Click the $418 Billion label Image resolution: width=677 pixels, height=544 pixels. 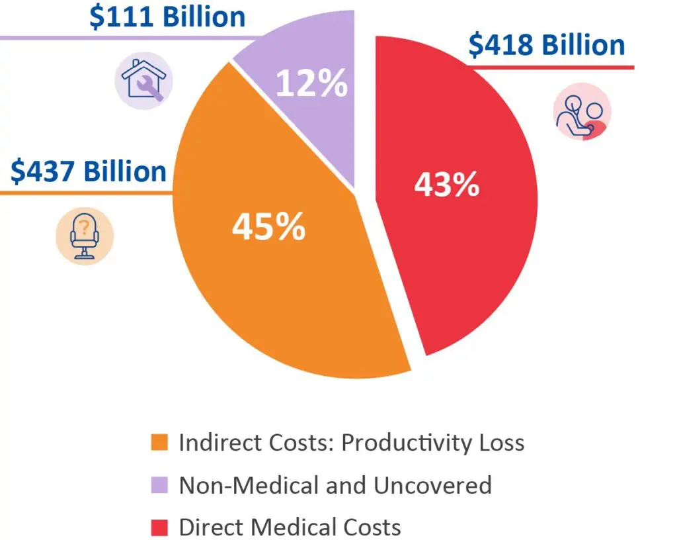[547, 45]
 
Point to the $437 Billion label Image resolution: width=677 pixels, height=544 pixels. [88, 171]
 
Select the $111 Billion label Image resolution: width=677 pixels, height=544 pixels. [167, 17]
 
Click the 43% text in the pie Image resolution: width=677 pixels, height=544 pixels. [447, 185]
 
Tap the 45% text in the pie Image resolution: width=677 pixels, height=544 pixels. [268, 226]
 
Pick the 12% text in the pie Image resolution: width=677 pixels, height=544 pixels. [311, 83]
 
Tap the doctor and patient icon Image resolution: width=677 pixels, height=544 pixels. [582, 112]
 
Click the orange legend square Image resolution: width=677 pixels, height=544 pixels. [159, 442]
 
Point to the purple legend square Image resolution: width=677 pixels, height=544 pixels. [159, 485]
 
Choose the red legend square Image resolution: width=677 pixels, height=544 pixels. [159, 527]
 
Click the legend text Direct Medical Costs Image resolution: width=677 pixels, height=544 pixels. [290, 527]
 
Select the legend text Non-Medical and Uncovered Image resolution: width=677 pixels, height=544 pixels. [335, 485]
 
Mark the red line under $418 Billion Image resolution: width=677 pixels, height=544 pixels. [555, 68]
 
